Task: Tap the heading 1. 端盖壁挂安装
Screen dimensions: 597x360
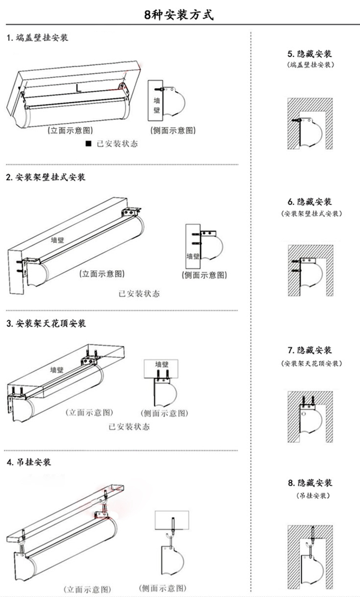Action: click(x=37, y=37)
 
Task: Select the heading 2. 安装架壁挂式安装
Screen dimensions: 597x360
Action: click(x=46, y=177)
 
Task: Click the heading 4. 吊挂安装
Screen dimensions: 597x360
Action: click(x=29, y=463)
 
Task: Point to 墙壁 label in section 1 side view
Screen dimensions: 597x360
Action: click(x=157, y=104)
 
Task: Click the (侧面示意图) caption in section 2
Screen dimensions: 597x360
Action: click(x=204, y=275)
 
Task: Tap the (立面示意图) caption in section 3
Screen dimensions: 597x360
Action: click(x=89, y=412)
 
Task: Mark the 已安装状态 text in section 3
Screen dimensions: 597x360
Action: click(x=129, y=426)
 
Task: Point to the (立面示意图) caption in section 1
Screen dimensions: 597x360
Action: click(x=70, y=130)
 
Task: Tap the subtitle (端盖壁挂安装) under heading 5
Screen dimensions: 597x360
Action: click(x=310, y=65)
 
